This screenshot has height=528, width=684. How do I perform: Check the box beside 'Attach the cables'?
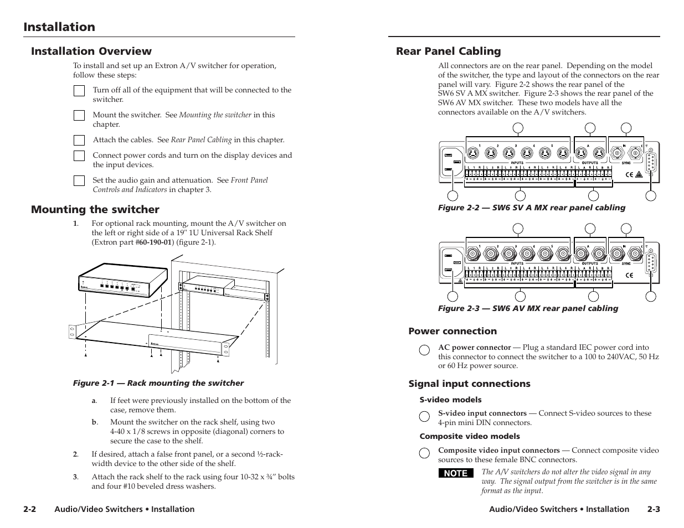[x=79, y=141]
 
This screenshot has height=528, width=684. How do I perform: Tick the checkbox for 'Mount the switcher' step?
[x=79, y=115]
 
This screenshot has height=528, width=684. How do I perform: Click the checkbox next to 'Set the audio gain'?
[x=79, y=180]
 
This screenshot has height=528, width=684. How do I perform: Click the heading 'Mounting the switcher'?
[x=95, y=209]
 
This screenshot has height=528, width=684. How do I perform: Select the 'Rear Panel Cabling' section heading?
[x=448, y=51]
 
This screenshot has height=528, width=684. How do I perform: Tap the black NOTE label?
[x=456, y=473]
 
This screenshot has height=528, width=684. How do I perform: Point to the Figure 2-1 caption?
[x=158, y=383]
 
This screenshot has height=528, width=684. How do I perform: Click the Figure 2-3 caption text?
[x=528, y=308]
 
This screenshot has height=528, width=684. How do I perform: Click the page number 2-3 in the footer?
[x=654, y=509]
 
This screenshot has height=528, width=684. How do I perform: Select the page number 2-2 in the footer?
[x=30, y=509]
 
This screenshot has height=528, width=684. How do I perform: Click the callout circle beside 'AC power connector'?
[x=424, y=349]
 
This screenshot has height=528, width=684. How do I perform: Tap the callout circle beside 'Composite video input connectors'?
[x=424, y=453]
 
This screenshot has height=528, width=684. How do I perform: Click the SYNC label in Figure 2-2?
[x=626, y=163]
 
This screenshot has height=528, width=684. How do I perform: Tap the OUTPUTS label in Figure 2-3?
[x=590, y=263]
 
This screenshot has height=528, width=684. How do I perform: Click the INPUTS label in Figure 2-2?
[x=517, y=163]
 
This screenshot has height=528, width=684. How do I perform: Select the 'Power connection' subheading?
[x=452, y=331]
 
